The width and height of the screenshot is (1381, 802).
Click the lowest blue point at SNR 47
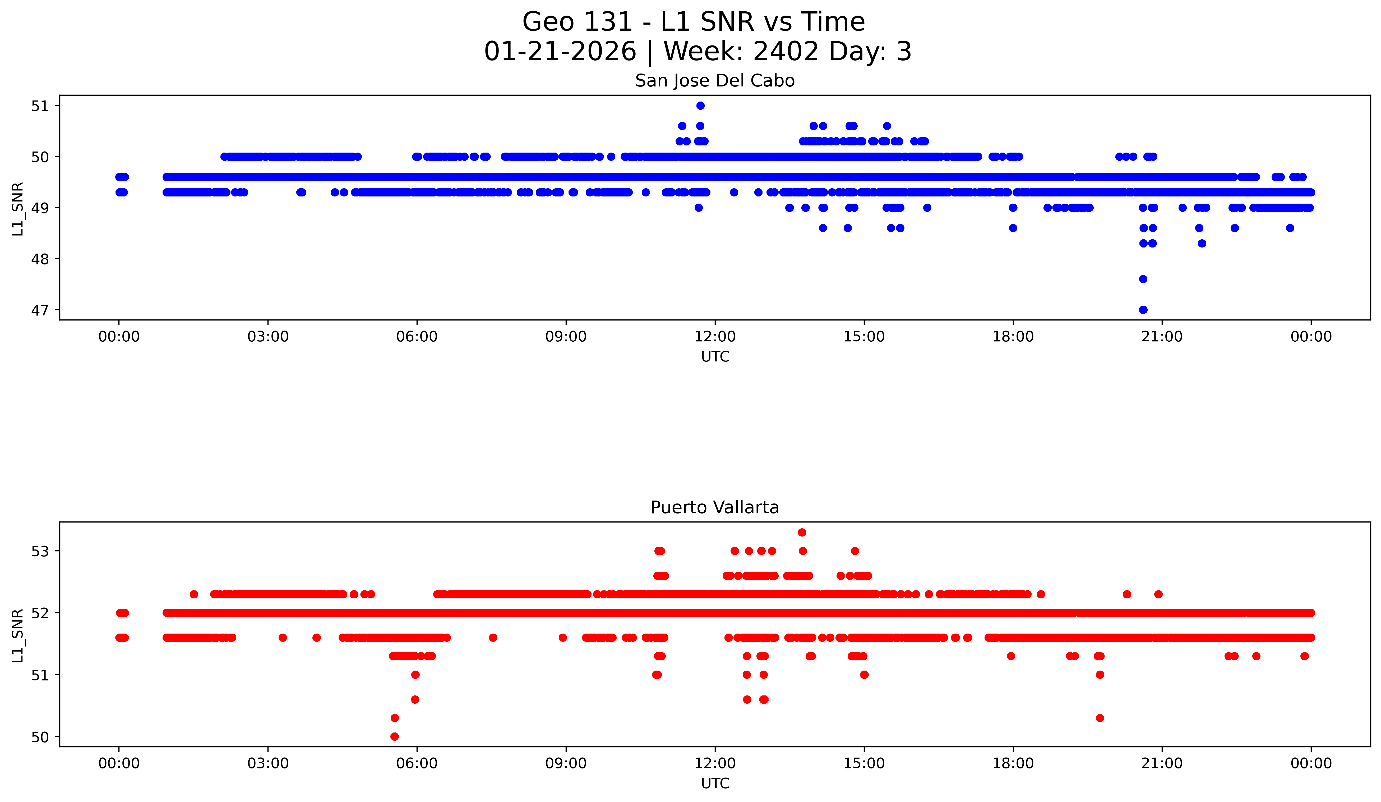point(1143,310)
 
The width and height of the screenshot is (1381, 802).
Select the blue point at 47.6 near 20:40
point(1143,279)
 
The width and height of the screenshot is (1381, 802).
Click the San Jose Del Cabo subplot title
point(715,81)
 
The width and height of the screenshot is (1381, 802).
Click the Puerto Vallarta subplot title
point(715,508)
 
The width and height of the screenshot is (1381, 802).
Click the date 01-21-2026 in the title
point(560,52)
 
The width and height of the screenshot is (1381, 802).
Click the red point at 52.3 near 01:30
point(193,594)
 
